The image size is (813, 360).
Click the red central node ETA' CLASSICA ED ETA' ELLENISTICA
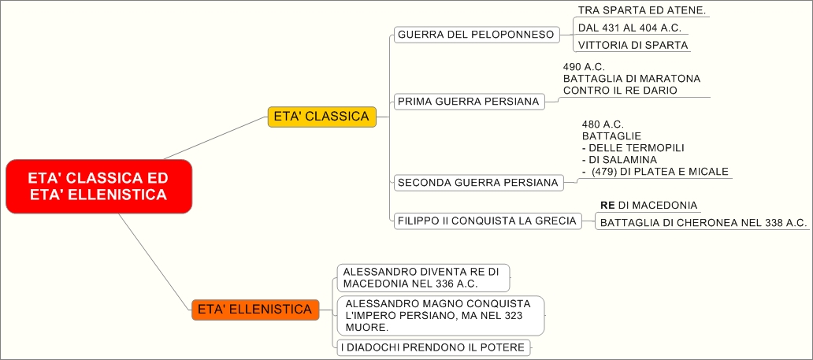pos(98,186)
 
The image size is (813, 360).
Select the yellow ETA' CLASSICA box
pos(321,117)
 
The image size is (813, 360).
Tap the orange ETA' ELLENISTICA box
pos(255,310)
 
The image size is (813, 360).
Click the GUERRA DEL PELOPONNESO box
pos(476,35)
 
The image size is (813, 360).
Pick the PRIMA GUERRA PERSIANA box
pos(469,102)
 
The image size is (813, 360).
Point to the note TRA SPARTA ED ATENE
pos(642,10)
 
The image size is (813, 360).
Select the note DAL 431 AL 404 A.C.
pos(629,28)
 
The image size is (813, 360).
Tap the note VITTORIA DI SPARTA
pos(633,46)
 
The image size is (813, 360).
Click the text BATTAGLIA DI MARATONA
pos(632,79)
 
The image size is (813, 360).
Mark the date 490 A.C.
pos(584,67)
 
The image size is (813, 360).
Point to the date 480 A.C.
pos(603,124)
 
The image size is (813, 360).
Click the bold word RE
pos(607,205)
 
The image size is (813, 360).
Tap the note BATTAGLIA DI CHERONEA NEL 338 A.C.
pos(703,223)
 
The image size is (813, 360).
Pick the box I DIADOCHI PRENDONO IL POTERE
pos(432,347)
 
